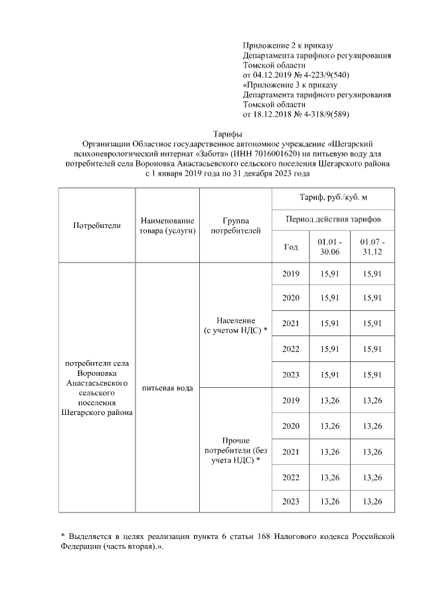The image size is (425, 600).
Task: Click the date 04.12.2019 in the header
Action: point(276,75)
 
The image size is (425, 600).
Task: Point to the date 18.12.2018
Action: point(276,114)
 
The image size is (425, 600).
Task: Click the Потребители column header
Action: point(97,225)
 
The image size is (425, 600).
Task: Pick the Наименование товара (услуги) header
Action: point(167,225)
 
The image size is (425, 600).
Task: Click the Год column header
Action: point(291,247)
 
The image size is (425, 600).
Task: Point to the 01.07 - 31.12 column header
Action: point(372,247)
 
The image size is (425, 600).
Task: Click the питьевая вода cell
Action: point(167,388)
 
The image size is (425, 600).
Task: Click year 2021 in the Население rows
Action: point(291,324)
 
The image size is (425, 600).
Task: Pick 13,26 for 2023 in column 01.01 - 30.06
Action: point(330,501)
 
